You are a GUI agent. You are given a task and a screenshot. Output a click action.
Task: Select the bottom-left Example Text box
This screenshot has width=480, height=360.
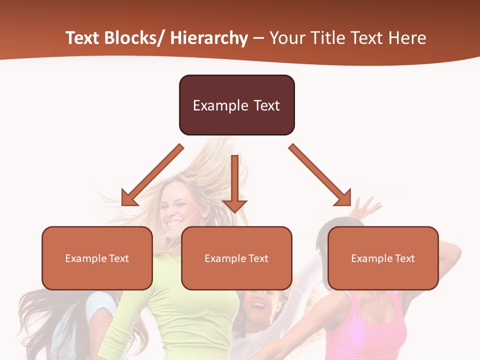point(97,258)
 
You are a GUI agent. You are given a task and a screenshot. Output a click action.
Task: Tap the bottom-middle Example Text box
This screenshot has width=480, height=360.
point(236,258)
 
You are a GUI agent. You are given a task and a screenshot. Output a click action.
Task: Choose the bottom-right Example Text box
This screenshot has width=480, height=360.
point(383,258)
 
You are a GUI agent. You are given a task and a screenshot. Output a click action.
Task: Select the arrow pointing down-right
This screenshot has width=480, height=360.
point(320,175)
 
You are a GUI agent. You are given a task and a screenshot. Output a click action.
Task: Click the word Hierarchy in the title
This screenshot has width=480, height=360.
point(209,38)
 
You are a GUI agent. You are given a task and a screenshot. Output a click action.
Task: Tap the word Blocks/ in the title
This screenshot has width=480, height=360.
point(134,38)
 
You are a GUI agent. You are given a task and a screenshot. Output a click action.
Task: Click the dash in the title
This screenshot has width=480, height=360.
point(258,38)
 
